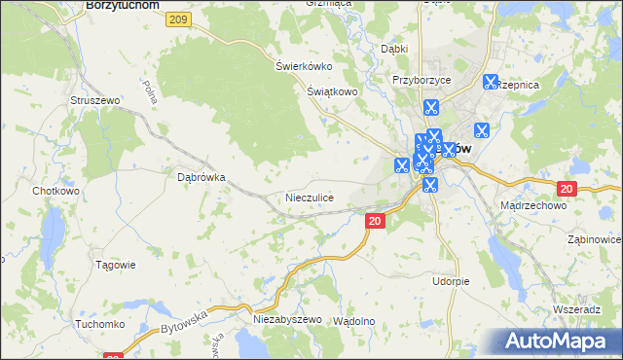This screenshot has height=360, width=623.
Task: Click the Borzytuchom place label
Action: (122, 5)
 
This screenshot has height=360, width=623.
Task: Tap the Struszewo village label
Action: (94, 100)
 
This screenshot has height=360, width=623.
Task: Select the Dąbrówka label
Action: (202, 178)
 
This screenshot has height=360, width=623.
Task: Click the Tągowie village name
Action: (115, 265)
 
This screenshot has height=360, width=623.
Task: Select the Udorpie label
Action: (451, 281)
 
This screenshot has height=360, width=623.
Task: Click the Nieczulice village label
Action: (310, 198)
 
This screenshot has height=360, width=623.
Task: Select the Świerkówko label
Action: (304, 66)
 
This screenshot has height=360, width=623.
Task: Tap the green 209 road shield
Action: (177, 19)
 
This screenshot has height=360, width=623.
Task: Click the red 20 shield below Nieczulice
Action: (376, 222)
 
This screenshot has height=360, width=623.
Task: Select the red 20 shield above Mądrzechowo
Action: (568, 189)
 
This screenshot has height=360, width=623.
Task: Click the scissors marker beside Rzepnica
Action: (490, 84)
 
